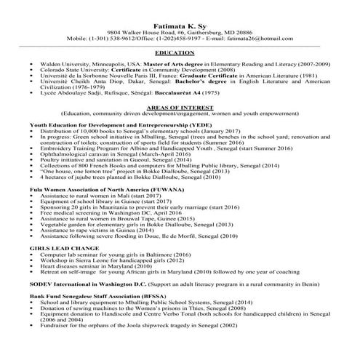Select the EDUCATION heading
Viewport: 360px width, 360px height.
click(179, 53)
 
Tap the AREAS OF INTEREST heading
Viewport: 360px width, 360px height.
click(179, 106)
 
